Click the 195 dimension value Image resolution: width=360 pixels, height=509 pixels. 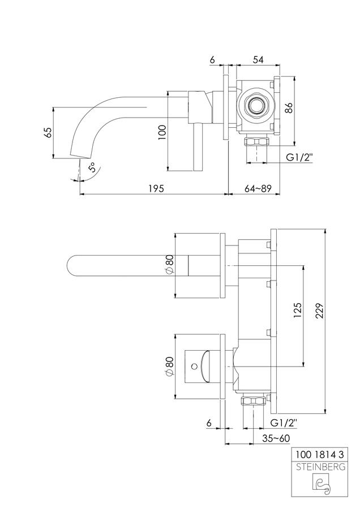click(x=156, y=188)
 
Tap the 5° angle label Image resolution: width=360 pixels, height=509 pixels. click(x=93, y=168)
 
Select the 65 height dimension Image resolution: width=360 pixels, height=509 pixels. click(x=48, y=133)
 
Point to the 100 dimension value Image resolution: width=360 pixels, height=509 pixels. click(x=162, y=133)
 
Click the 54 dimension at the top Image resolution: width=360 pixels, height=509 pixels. click(x=258, y=60)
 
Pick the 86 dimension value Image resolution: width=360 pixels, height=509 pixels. click(x=289, y=108)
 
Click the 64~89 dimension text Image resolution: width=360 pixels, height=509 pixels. click(x=258, y=188)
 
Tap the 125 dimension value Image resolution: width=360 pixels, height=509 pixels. click(x=298, y=311)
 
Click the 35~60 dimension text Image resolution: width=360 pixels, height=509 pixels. click(x=276, y=438)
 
